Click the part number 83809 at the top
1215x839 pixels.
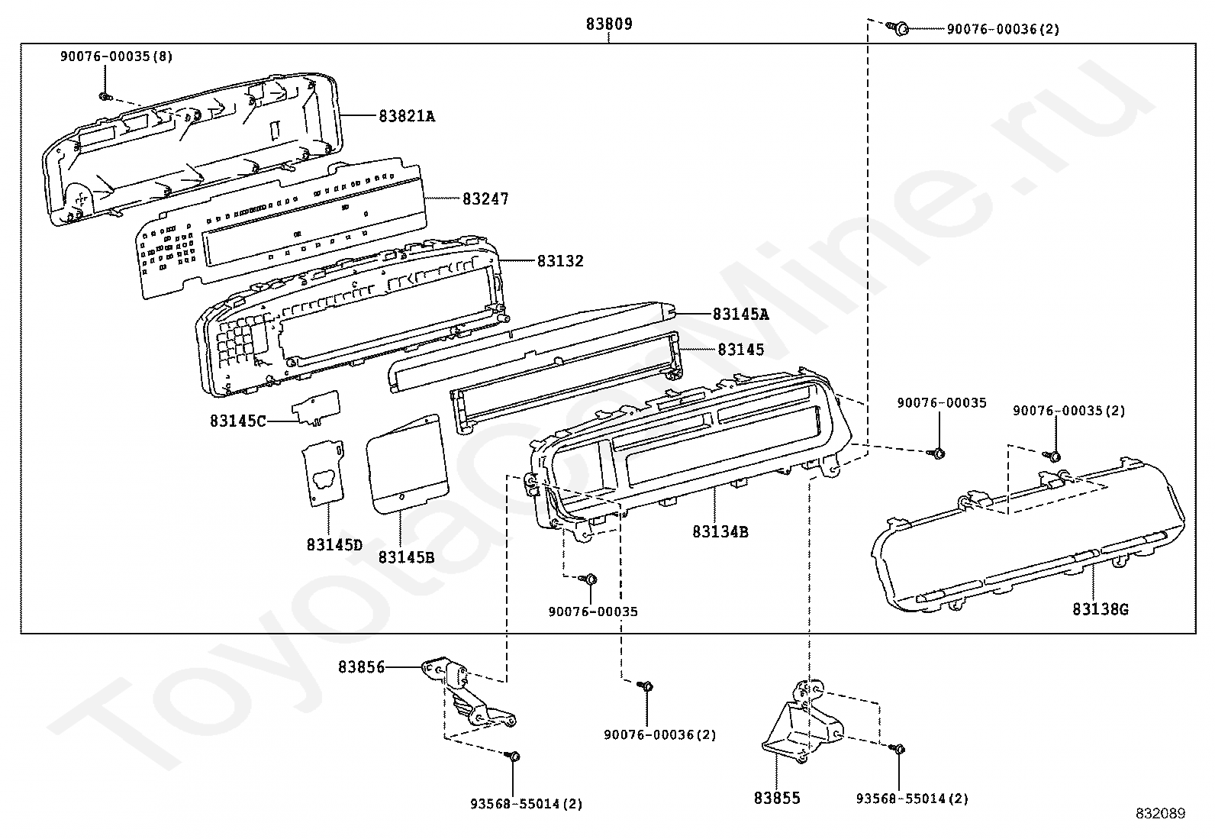coord(608,24)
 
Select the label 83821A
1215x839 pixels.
coord(407,116)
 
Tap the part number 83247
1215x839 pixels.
coord(485,199)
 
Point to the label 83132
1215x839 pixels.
coord(560,261)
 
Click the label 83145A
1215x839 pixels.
coord(740,315)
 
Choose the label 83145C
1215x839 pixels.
coord(238,421)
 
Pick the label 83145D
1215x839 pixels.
coord(334,544)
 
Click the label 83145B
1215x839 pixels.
coord(406,557)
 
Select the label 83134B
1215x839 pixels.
coord(720,532)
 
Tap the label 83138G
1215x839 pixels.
coord(1101,609)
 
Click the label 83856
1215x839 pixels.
coord(361,667)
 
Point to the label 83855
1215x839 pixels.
coord(777,798)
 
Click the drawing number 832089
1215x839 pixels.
coord(1161,814)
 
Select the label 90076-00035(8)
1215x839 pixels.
coord(116,56)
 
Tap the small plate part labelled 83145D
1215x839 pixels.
coord(324,472)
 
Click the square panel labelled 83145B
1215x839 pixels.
coord(407,465)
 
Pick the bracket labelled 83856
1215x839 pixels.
coord(468,692)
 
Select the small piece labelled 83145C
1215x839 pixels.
coord(316,408)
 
